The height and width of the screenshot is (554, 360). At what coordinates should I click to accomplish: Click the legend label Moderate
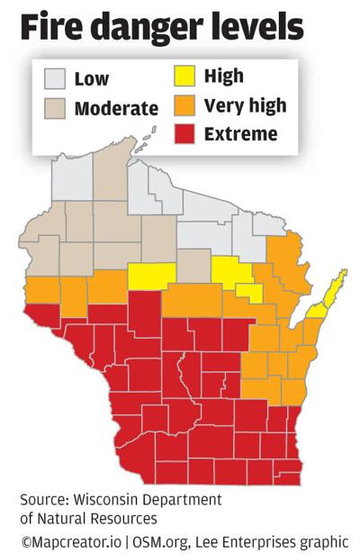pyautogui.click(x=116, y=110)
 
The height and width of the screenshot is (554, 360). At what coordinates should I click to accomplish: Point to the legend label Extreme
pyautogui.click(x=239, y=136)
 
